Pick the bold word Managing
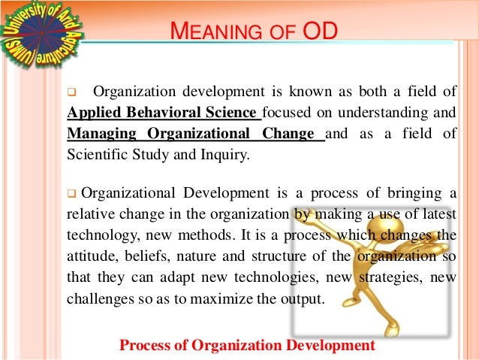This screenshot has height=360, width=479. click(96, 135)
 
